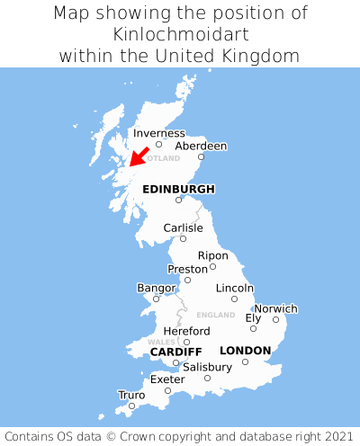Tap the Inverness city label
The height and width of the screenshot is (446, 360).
[158, 133]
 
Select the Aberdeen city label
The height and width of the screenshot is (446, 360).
[201, 146]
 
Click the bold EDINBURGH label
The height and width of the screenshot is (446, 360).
[178, 189]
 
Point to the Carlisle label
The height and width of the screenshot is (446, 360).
[183, 227]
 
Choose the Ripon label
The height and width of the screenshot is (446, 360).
[212, 255]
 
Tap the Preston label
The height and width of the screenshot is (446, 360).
[187, 269]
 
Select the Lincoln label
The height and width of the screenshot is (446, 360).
[234, 288]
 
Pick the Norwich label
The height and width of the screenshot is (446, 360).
[275, 308]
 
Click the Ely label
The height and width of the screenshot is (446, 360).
[253, 317]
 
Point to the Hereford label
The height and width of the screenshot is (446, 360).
[186, 331]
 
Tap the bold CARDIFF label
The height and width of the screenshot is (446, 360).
[175, 351]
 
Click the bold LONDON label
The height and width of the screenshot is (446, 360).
[245, 350]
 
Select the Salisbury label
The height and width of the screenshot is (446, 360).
[207, 367]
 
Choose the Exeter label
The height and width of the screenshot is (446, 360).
[167, 379]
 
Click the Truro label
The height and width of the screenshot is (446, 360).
[131, 395]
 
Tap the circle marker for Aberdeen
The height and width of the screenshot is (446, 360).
[201, 157]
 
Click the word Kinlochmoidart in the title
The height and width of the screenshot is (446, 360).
[180, 34]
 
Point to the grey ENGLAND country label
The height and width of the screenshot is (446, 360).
[215, 315]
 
